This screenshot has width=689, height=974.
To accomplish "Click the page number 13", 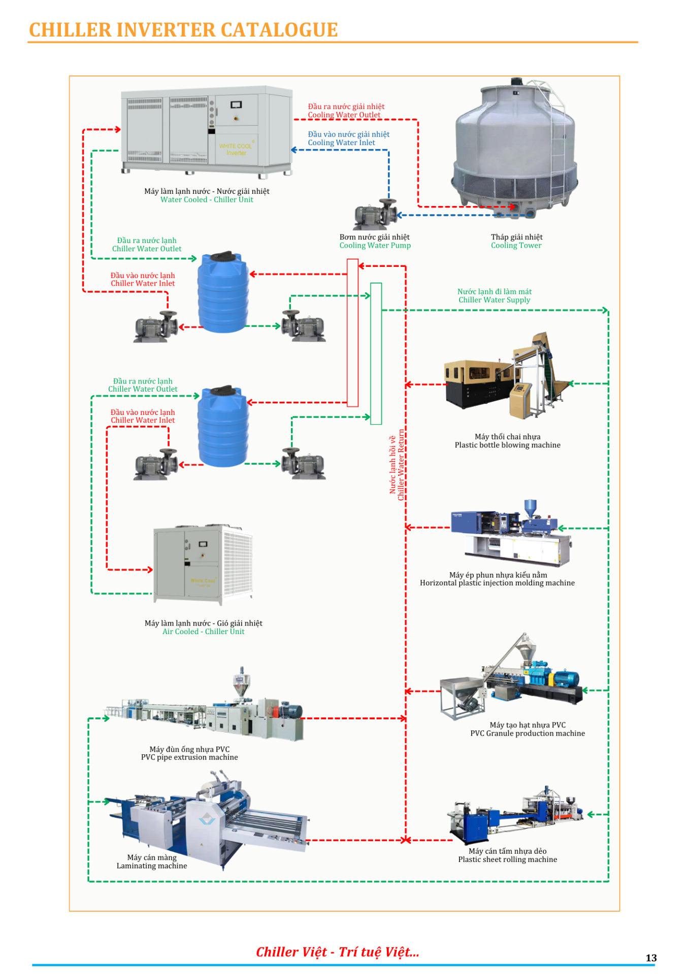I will coord(651,958).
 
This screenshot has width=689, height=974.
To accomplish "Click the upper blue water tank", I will coord(223,293).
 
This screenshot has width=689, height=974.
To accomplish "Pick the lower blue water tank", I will coord(223,427).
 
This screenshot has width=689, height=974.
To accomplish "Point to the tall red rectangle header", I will coord(352,333).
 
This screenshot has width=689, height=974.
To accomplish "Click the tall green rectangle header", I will coord(376,354).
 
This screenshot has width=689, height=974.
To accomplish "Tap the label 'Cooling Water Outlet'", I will coord(344,115).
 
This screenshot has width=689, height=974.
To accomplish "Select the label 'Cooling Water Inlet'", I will coord(341,143).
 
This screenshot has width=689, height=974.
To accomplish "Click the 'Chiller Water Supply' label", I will coord(494,300).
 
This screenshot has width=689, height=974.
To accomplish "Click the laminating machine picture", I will coord(208,817).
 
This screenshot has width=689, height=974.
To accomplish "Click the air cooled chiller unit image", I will coord(203,564).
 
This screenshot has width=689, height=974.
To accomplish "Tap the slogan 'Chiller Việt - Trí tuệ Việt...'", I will coord(338,952).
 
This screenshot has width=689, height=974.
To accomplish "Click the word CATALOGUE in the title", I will coord(279,30).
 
